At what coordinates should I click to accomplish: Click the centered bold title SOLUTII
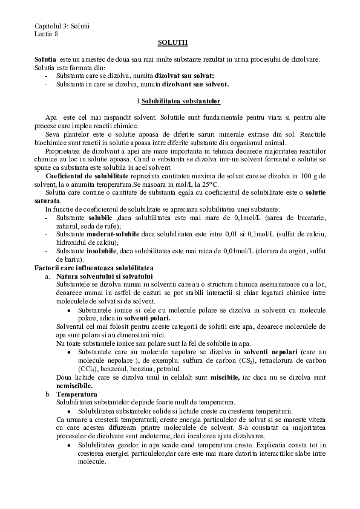(173, 43)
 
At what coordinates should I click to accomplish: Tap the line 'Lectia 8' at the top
(47, 34)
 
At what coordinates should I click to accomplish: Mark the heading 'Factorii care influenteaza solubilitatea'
(95, 267)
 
